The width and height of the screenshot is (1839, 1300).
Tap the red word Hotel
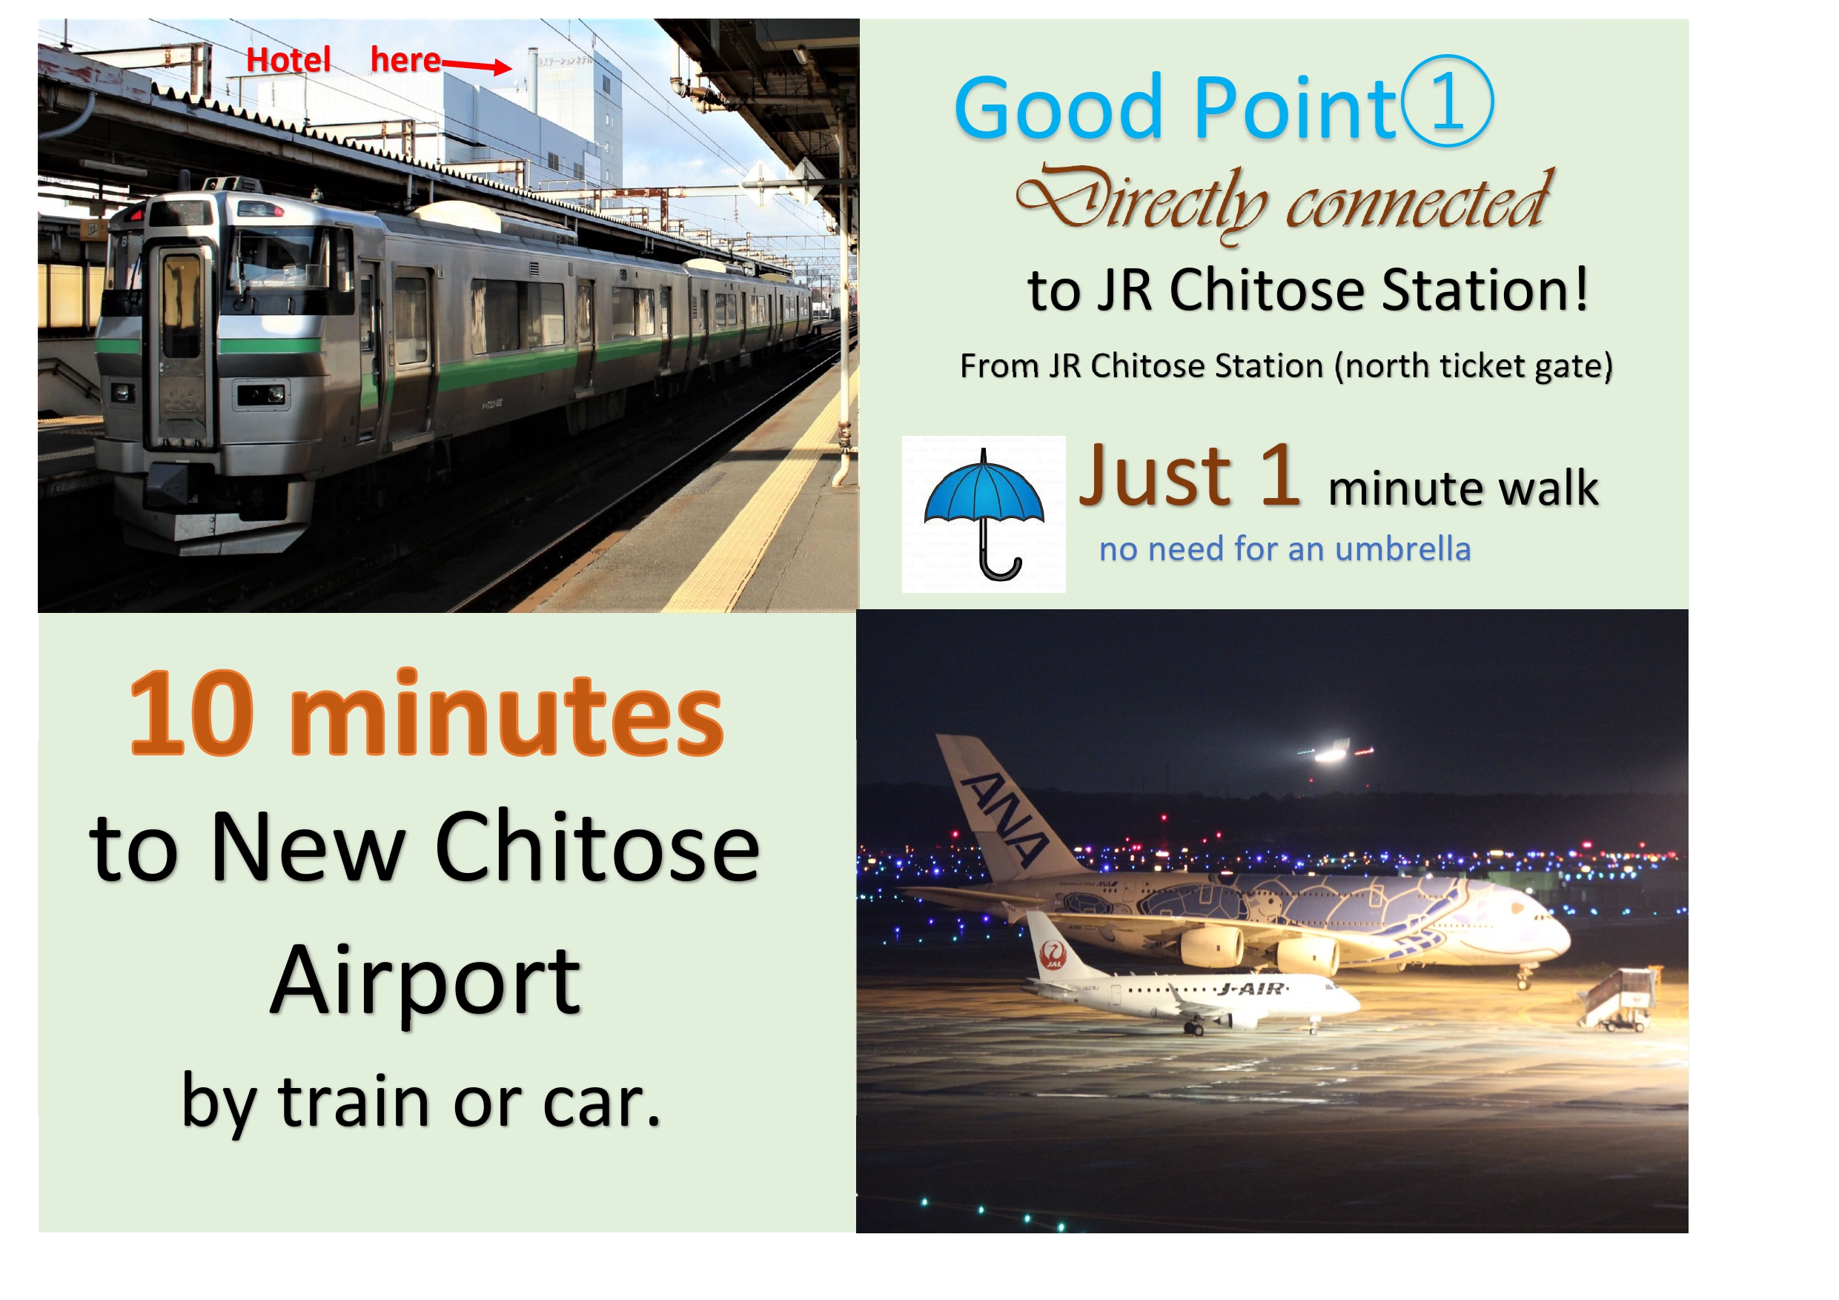(288, 60)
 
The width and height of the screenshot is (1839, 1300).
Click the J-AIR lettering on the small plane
(1252, 989)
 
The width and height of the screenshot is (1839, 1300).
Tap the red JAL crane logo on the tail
(1052, 954)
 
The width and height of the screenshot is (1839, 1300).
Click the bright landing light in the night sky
(1331, 753)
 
